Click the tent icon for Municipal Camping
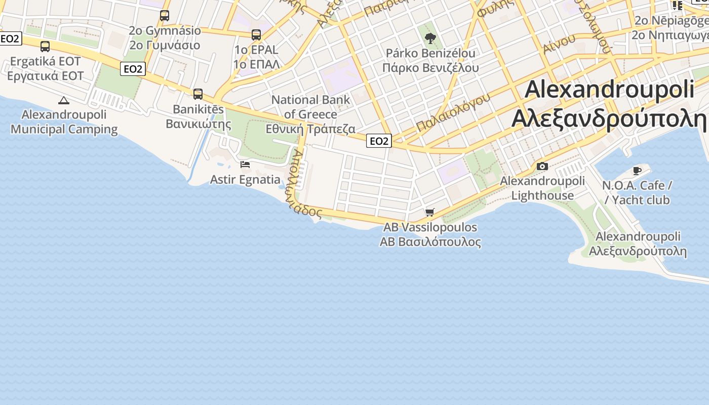coord(63,100)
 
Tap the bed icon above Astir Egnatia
coord(245,164)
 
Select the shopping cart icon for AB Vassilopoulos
coord(430,212)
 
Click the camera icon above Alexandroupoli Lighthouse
coord(542,166)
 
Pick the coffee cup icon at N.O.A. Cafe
coord(637,171)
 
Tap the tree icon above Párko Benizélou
coord(430,38)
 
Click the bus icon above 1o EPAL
coord(256,35)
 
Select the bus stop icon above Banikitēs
coord(198,94)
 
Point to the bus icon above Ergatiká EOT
coord(45,47)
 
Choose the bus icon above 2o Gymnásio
coord(165,16)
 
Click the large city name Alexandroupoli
coord(609,90)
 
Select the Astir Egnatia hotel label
coord(245,180)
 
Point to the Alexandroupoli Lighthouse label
coord(542,188)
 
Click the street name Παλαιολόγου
coord(453,112)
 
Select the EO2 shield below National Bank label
coord(379,141)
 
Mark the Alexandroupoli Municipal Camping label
coord(64,122)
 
